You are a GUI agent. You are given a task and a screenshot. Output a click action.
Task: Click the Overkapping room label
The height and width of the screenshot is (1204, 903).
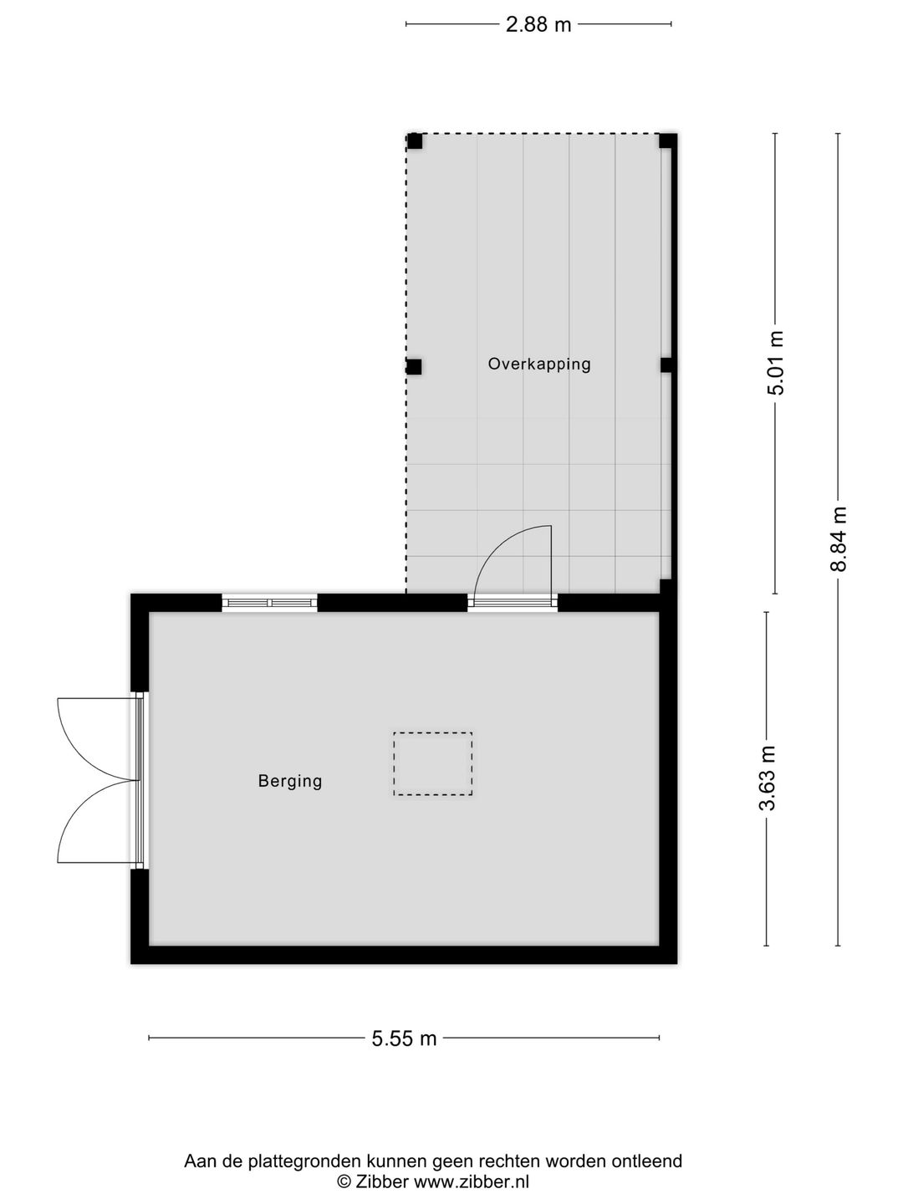point(539,364)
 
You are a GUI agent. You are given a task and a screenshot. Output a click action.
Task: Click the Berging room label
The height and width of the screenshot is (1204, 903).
point(290,781)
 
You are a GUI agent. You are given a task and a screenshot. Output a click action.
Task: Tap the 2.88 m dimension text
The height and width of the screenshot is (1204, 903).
point(538,25)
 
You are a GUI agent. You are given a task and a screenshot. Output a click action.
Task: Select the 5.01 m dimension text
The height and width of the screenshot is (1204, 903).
point(777,363)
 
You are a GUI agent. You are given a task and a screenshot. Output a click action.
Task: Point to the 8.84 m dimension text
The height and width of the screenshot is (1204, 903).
point(839,539)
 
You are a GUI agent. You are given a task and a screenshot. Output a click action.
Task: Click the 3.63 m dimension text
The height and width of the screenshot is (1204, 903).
point(768,778)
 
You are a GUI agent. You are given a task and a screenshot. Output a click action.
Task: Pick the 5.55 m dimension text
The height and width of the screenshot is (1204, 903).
point(405,1038)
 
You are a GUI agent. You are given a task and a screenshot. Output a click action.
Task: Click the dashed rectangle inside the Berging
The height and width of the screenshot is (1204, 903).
point(432,763)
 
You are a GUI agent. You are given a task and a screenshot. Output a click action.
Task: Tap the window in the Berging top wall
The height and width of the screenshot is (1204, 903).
point(269,603)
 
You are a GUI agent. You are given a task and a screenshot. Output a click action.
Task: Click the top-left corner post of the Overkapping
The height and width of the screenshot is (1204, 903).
point(415,141)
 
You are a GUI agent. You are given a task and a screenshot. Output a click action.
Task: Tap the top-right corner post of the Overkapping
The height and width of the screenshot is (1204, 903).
point(666,140)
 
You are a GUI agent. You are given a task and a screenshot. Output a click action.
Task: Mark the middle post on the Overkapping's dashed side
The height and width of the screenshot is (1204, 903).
point(414,366)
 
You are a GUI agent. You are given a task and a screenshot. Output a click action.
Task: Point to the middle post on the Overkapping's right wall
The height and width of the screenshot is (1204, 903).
point(666,365)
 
